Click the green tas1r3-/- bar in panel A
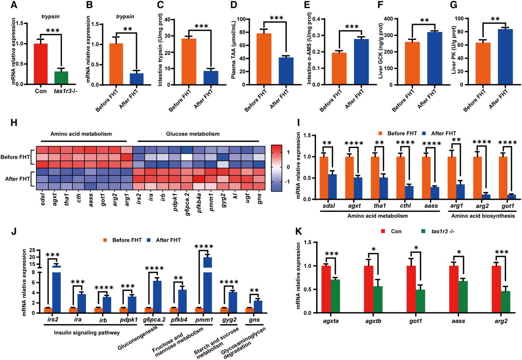(x=61, y=77)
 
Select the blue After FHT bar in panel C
(x=211, y=78)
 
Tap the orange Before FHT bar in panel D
(x=264, y=59)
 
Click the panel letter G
(x=453, y=5)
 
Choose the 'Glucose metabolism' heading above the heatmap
(x=193, y=134)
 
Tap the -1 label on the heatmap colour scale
(x=288, y=182)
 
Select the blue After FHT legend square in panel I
(x=425, y=133)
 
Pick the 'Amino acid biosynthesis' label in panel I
(x=483, y=216)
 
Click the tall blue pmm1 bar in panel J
(x=208, y=285)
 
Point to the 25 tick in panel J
(x=32, y=250)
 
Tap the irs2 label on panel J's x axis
(x=52, y=319)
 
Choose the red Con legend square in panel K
(x=383, y=232)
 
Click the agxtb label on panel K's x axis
(x=373, y=322)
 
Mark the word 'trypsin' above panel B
(x=125, y=17)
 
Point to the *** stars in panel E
(x=352, y=27)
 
